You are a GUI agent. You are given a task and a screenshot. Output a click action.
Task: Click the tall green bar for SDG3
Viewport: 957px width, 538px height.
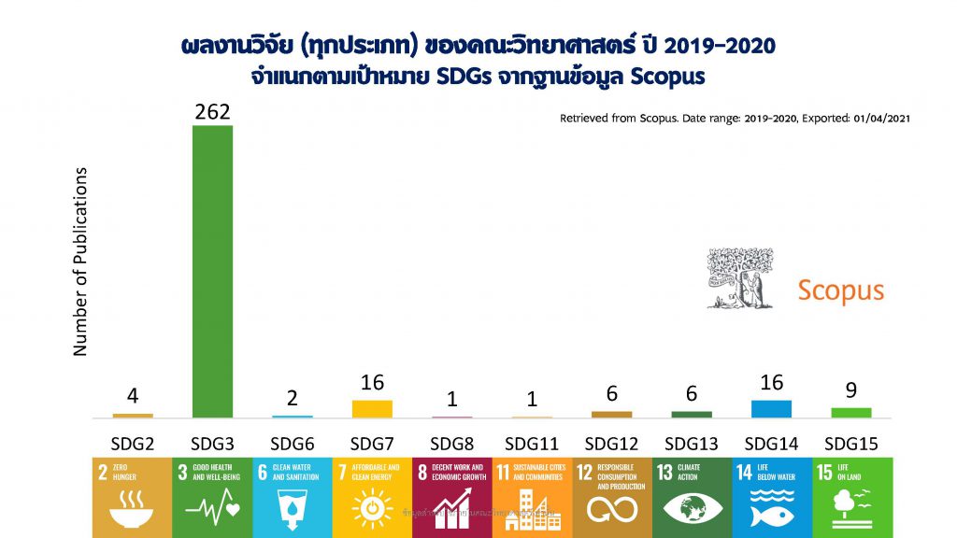point(212,271)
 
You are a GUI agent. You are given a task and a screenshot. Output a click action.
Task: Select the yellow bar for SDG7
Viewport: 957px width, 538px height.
point(372,408)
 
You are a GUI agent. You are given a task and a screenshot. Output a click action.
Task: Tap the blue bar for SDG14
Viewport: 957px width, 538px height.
point(771,408)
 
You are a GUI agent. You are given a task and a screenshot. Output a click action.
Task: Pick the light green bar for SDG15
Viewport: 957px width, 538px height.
point(851,412)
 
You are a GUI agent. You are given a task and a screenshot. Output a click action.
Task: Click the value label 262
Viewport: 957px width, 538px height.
point(212,112)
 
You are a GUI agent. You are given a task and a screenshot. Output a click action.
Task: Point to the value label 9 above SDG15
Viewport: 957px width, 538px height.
point(851,390)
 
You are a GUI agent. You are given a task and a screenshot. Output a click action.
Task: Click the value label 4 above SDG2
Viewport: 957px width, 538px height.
point(133,396)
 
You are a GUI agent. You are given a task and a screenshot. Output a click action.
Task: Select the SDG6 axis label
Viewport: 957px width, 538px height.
point(292,442)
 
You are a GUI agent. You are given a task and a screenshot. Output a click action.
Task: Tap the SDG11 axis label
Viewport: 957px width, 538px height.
point(532,442)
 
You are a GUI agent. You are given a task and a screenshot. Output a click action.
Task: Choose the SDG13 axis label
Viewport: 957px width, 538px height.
point(692,442)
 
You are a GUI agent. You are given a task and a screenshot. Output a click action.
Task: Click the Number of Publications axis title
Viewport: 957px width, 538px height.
point(80,262)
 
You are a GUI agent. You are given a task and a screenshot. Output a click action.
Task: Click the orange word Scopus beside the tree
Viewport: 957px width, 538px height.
point(840,290)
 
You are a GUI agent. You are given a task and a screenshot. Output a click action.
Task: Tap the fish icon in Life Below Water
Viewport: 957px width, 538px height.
point(772,510)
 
